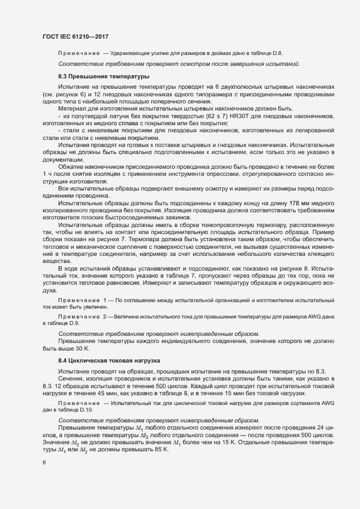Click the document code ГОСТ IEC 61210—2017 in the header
[75, 36]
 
